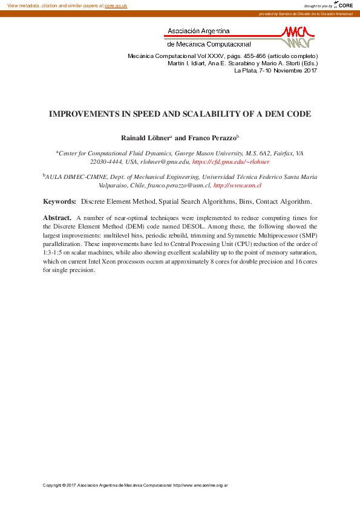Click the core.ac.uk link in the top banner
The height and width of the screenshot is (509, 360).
tap(116, 5)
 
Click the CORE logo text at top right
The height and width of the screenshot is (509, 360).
tap(345, 5)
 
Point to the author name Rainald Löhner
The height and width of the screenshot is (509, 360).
tap(145, 138)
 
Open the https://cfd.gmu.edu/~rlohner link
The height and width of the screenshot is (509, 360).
tap(231, 162)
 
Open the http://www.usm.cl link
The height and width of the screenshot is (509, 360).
tap(238, 186)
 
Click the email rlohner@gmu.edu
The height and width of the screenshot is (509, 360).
tap(164, 162)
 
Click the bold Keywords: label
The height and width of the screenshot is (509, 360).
tap(59, 201)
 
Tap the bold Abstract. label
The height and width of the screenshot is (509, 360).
tap(57, 217)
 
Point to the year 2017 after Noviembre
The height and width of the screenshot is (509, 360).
tap(307, 71)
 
